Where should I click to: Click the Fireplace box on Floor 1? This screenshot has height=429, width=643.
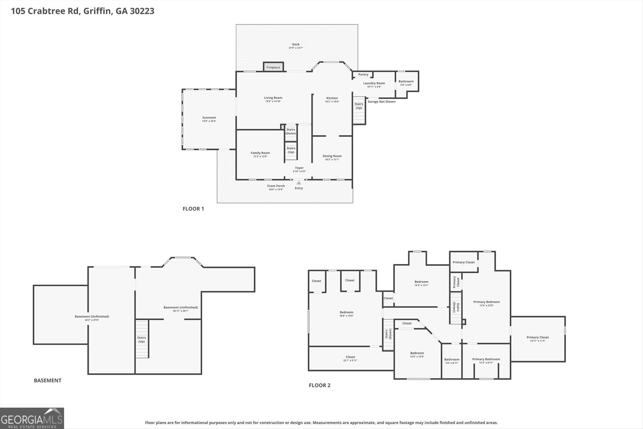pyautogui.click(x=273, y=67)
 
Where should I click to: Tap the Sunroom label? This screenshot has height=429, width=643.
pyautogui.click(x=209, y=118)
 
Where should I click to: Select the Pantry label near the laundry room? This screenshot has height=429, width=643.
pyautogui.click(x=363, y=74)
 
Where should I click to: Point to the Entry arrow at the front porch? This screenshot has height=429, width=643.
pyautogui.click(x=299, y=183)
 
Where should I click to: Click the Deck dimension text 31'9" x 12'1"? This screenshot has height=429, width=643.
pyautogui.click(x=296, y=48)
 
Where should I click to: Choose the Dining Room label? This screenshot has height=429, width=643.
pyautogui.click(x=332, y=156)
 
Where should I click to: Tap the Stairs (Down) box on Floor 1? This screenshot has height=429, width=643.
pyautogui.click(x=291, y=131)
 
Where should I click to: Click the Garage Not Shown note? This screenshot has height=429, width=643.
pyautogui.click(x=381, y=102)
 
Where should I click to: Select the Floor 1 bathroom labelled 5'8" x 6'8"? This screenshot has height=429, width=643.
pyautogui.click(x=406, y=83)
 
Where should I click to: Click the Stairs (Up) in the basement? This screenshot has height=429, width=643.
pyautogui.click(x=141, y=339)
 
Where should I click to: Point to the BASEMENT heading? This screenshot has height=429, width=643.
pyautogui.click(x=47, y=380)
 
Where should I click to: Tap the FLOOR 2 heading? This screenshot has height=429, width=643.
pyautogui.click(x=319, y=385)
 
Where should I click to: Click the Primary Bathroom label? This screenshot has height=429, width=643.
pyautogui.click(x=486, y=359)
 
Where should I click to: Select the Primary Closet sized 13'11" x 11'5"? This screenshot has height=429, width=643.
pyautogui.click(x=537, y=339)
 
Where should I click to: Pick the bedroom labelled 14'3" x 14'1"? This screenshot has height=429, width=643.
pyautogui.click(x=421, y=283)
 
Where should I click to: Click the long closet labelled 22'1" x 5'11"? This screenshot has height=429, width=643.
pyautogui.click(x=350, y=358)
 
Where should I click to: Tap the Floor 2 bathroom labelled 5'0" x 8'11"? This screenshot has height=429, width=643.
pyautogui.click(x=452, y=361)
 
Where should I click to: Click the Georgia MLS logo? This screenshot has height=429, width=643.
pyautogui.click(x=32, y=418)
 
